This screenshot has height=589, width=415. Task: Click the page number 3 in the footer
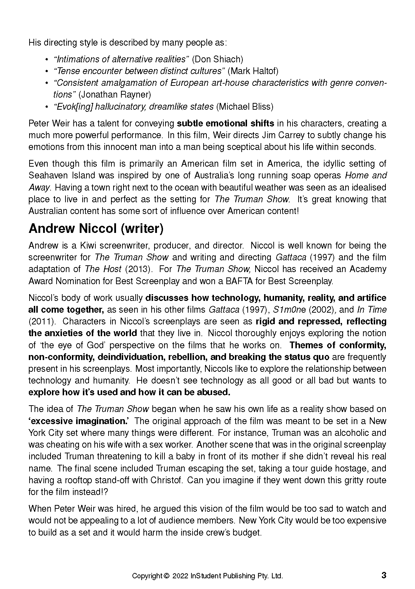point(384,575)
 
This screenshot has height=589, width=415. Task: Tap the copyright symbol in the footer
point(166,576)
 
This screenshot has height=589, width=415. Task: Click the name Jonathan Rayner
point(115,94)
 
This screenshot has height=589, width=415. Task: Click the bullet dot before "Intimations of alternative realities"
point(46,59)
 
